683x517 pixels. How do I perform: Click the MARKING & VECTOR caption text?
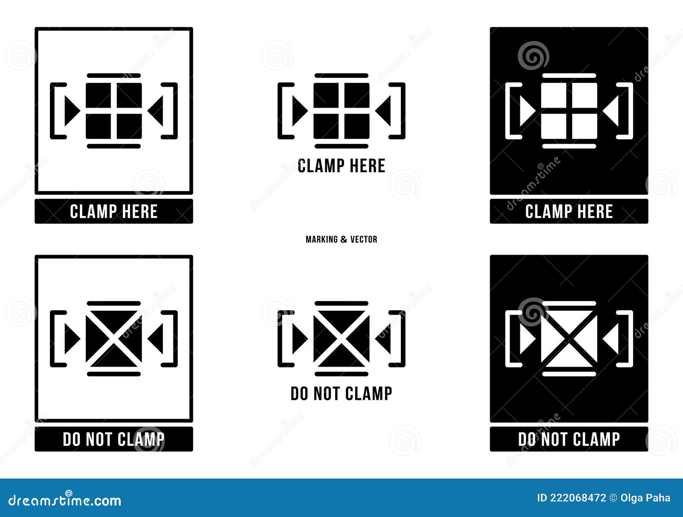pos(341,239)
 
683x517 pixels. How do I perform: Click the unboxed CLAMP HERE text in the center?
pos(341,166)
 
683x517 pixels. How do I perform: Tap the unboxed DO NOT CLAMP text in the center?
pos(341,394)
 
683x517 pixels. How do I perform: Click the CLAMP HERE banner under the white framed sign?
pos(114,211)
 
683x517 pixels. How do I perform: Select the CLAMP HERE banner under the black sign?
pos(569,211)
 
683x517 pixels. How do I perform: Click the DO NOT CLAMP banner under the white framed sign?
pos(114,439)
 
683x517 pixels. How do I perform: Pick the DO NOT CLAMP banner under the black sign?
pos(569,439)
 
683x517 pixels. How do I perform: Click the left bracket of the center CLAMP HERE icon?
pos(282,111)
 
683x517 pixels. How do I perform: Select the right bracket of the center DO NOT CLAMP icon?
pos(401,338)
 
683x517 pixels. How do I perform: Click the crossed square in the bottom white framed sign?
pos(114,338)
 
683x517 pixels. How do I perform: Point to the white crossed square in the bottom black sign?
pos(569,338)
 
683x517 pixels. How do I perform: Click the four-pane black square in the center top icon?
pos(341,111)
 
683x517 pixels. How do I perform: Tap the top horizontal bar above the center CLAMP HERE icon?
pos(341,76)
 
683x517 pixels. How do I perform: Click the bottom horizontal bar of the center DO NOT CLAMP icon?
pos(341,374)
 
